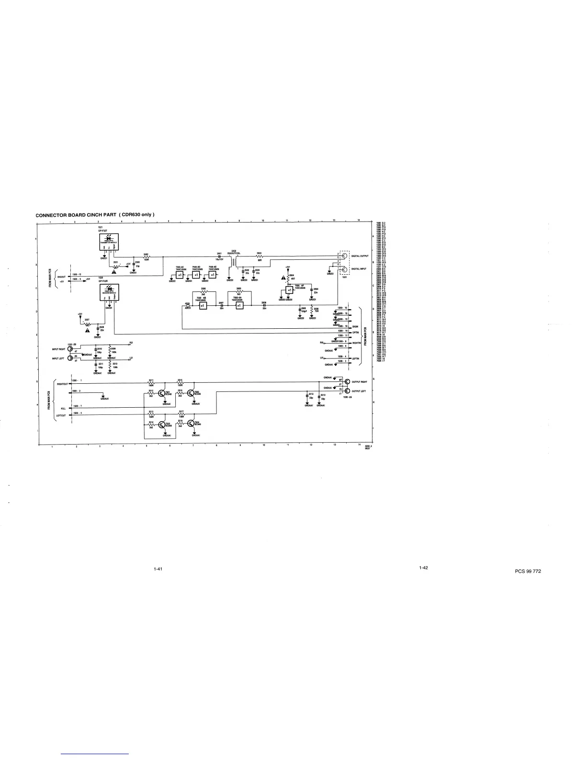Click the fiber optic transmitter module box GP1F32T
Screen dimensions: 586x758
tap(110, 243)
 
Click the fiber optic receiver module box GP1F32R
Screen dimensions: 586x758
tap(110, 293)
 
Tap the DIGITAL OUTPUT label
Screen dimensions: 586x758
tap(359, 256)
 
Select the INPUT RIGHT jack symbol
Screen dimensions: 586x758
tap(70, 349)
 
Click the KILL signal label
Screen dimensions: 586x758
tap(63, 408)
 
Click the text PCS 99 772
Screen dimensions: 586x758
tap(529, 571)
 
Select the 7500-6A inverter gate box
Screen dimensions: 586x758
tap(238, 306)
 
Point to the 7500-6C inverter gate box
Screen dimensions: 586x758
tap(180, 276)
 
